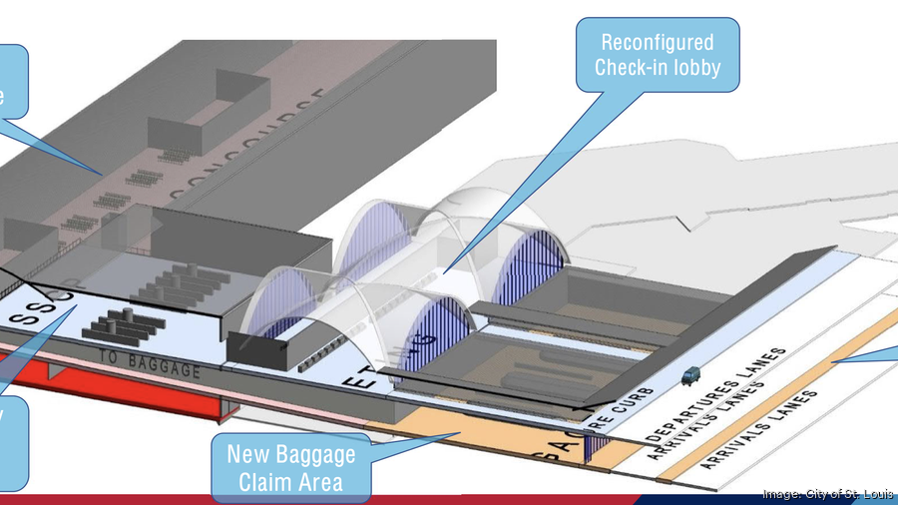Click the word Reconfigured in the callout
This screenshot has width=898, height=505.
click(x=657, y=43)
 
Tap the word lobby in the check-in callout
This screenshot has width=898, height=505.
click(x=692, y=68)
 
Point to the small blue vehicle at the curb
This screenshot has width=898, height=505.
click(x=687, y=376)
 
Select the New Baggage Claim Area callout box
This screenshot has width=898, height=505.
click(x=290, y=469)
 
